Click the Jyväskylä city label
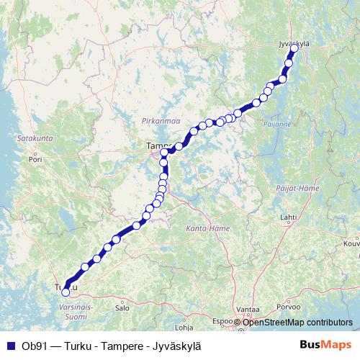pyautogui.click(x=294, y=44)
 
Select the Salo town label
pyautogui.click(x=122, y=307)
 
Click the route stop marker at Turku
pyautogui.click(x=66, y=292)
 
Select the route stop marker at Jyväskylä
pyautogui.click(x=294, y=50)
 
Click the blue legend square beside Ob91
pyautogui.click(x=10, y=346)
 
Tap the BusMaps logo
pyautogui.click(x=325, y=345)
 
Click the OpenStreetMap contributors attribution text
pyautogui.click(x=297, y=322)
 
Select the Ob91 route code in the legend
pyautogui.click(x=33, y=346)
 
